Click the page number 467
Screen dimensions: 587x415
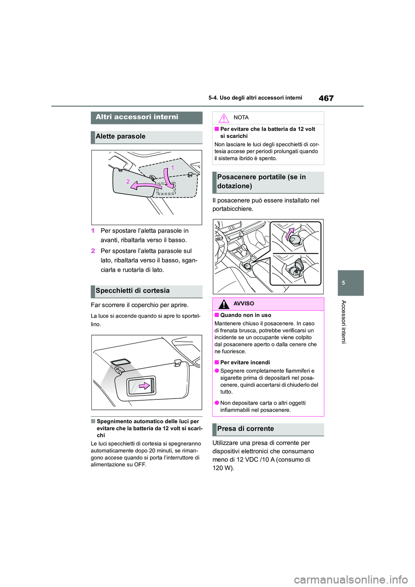(326, 98)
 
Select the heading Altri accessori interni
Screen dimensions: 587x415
(137, 117)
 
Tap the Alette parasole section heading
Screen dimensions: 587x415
(121, 137)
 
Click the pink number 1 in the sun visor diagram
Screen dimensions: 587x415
(172, 167)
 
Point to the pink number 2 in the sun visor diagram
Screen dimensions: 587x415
(128, 182)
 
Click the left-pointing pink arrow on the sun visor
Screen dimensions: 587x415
(145, 185)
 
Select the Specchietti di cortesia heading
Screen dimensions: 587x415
(132, 291)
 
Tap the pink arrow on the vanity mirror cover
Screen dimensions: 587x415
(144, 386)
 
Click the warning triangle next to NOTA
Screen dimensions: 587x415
(223, 118)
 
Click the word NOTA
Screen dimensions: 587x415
(241, 118)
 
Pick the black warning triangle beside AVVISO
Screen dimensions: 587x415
(223, 304)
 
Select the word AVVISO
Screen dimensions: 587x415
(244, 304)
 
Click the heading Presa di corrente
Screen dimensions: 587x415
(245, 429)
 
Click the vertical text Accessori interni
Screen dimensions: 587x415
(344, 322)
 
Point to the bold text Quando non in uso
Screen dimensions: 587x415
(246, 315)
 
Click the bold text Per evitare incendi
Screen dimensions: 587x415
(245, 363)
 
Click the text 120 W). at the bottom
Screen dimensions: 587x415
(223, 468)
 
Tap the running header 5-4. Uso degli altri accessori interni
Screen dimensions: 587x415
(255, 98)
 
